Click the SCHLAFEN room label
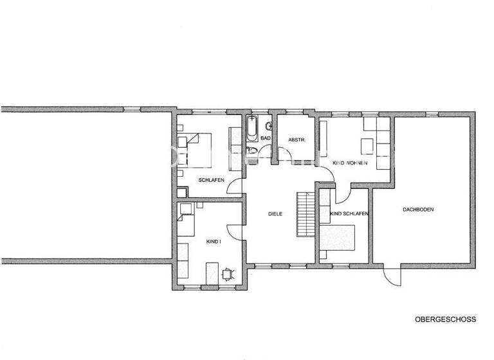pyautogui.click(x=211, y=180)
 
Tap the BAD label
pyautogui.click(x=265, y=138)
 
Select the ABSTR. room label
pyautogui.click(x=296, y=139)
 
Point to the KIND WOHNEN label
pyautogui.click(x=349, y=164)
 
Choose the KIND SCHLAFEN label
pyautogui.click(x=349, y=213)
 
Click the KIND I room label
pyautogui.click(x=213, y=241)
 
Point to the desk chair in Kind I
pyautogui.click(x=228, y=274)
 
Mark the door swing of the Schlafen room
pyautogui.click(x=235, y=186)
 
